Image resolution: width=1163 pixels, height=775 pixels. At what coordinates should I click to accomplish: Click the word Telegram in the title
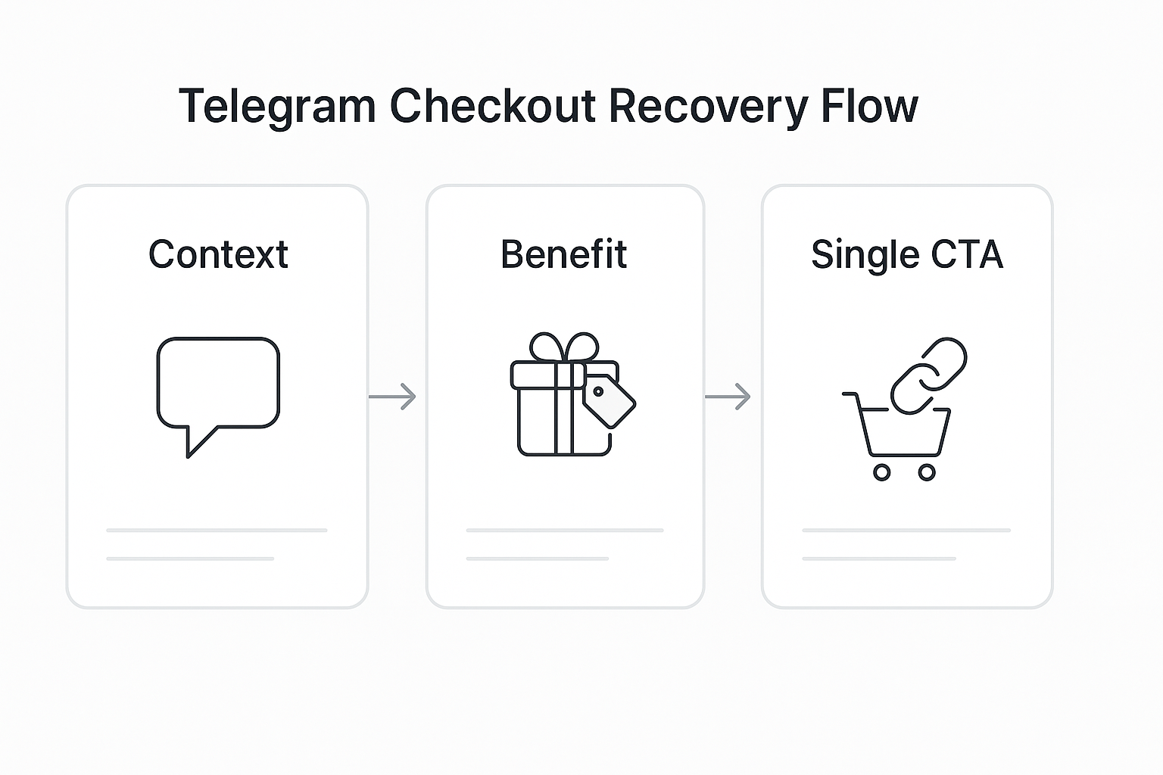pos(276,106)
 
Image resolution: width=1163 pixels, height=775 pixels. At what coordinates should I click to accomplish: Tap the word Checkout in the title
pos(493,106)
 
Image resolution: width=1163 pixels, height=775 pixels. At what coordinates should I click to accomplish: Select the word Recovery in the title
pos(708,106)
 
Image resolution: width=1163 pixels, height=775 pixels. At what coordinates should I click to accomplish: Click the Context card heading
pos(218,254)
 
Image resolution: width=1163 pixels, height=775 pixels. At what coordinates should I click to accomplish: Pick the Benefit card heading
pos(564,254)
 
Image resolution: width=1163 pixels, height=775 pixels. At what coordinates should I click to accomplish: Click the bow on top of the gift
pos(564,347)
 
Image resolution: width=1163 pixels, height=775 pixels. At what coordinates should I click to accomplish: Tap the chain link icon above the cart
pos(928,376)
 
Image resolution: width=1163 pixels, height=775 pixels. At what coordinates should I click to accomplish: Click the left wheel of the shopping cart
pos(881,472)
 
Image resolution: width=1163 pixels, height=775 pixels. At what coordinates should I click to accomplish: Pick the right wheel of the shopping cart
pos(927,472)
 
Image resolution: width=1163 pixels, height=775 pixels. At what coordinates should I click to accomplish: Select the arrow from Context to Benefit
pos(392,397)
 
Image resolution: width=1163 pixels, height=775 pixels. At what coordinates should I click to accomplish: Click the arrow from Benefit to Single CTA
pos(728,397)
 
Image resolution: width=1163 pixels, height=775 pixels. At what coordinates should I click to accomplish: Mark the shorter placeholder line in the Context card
pos(190,559)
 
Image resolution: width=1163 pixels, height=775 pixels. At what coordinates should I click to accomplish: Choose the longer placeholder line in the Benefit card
pos(565,531)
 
